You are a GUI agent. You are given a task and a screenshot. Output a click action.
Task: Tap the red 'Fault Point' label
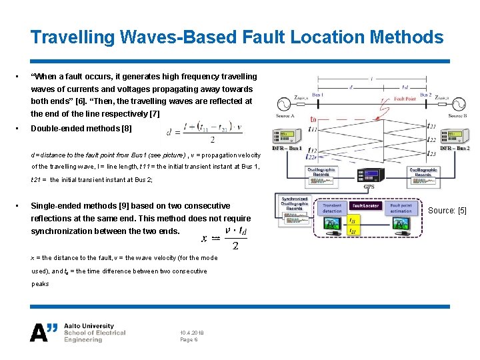[404, 99]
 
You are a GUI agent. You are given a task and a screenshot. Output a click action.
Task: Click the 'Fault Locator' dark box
[366, 206]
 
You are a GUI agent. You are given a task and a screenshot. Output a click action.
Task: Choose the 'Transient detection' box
[332, 209]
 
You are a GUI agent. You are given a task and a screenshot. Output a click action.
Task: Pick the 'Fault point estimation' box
[401, 209]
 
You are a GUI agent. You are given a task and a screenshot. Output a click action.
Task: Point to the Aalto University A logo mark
[44, 331]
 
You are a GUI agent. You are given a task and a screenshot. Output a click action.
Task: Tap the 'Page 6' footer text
[189, 339]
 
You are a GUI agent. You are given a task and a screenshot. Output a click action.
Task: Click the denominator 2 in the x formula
[235, 245]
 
